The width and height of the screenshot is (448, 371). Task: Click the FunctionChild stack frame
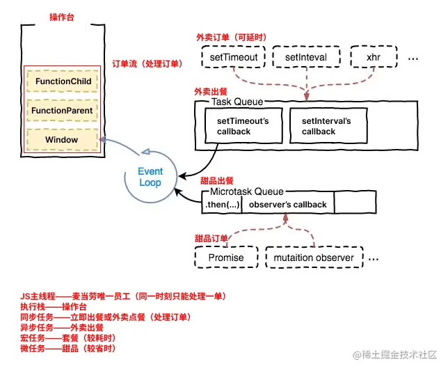coord(63,81)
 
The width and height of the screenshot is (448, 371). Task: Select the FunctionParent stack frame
coord(63,111)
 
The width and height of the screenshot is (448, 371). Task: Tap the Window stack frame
coord(63,140)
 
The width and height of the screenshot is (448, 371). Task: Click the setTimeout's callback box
coord(243,126)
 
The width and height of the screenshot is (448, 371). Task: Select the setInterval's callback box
coord(326,126)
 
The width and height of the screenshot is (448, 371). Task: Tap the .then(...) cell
coord(221,205)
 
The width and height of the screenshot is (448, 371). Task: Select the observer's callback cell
coord(287,205)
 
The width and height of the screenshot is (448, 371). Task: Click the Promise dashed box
coord(226,258)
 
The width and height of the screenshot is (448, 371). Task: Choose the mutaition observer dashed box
coord(314,258)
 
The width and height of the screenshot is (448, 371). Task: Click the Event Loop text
coord(150,177)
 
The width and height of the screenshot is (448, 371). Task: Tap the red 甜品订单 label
coord(213,238)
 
